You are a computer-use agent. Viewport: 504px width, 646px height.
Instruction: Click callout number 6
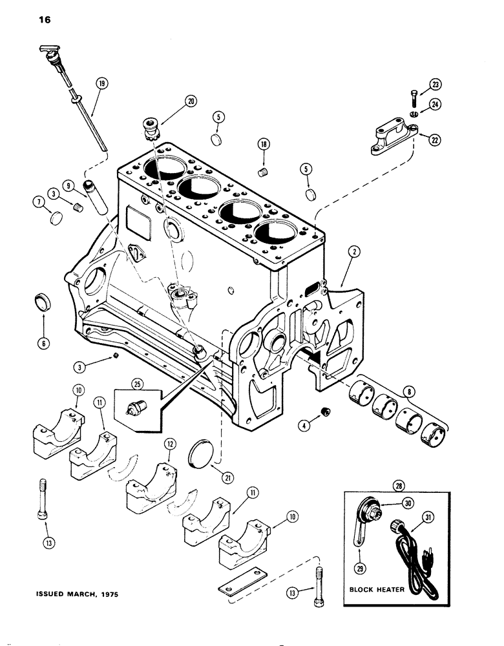pos(44,342)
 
